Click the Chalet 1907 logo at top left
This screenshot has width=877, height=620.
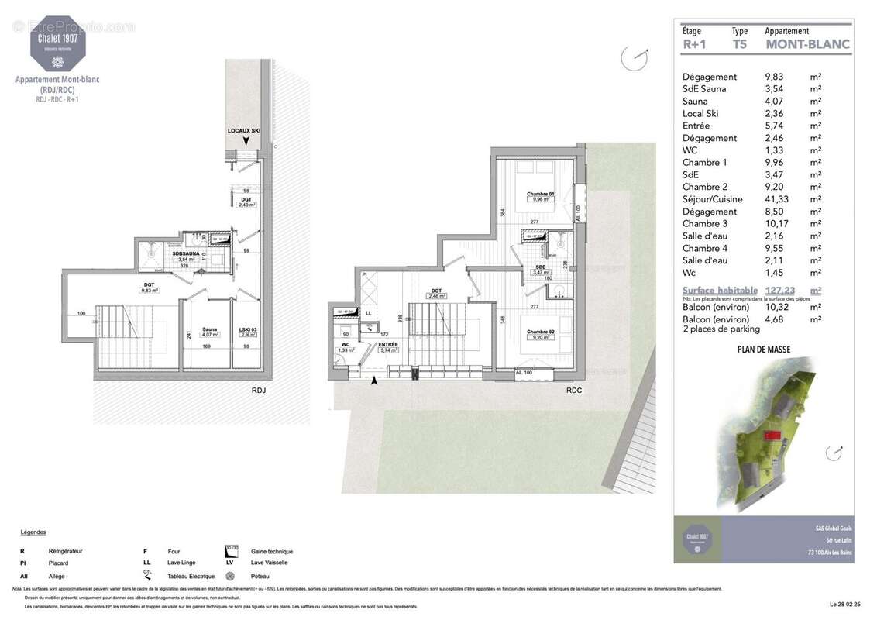[x=58, y=43]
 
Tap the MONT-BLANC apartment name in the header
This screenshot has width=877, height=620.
[x=807, y=44]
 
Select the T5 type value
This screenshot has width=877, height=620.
[x=740, y=44]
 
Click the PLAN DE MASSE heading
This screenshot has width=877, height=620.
[x=763, y=350]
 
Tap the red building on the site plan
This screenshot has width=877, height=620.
[x=770, y=435]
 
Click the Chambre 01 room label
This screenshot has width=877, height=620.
[x=540, y=194]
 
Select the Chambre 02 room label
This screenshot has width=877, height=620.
[x=540, y=332]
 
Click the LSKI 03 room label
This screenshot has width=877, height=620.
[x=249, y=329]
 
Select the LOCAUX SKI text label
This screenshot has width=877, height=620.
[x=243, y=132]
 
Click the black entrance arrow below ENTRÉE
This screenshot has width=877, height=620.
[x=375, y=381]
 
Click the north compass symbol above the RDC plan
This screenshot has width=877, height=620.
[x=635, y=57]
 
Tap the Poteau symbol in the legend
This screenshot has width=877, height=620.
[x=230, y=576]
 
